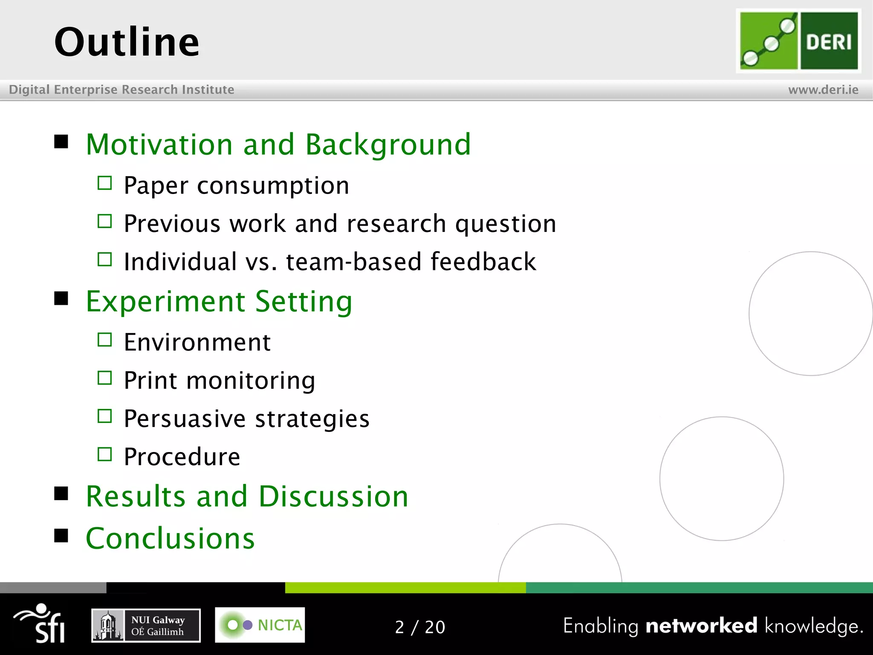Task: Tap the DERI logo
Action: point(798,41)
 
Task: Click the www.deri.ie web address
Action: point(823,90)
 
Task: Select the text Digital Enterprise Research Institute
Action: point(121,90)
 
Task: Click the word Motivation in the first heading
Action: point(159,145)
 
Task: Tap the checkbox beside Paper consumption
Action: point(104,183)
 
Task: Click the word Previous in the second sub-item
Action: point(171,223)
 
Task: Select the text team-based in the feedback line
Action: point(353,261)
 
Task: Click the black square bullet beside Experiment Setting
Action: point(61,299)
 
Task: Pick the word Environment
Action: point(197,342)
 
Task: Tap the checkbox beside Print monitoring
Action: point(104,378)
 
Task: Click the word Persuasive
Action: point(184,418)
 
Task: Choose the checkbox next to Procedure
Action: point(104,454)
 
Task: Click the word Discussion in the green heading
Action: point(333,496)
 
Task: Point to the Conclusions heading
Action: point(170,538)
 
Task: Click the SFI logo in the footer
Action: point(41,623)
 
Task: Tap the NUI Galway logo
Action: point(146,625)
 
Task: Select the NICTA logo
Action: point(260,625)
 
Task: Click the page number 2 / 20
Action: point(420,627)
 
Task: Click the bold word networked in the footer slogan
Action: point(701,626)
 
